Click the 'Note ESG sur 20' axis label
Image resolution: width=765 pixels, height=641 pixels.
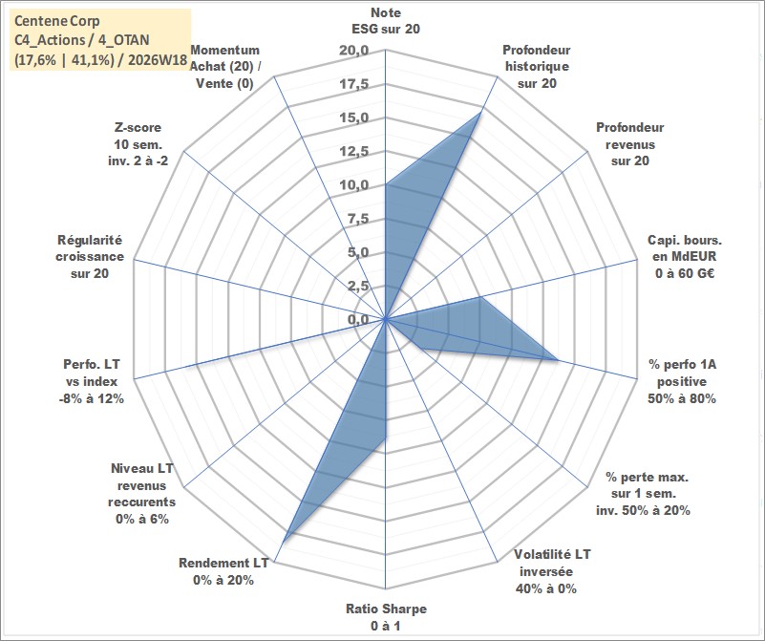pyautogui.click(x=386, y=20)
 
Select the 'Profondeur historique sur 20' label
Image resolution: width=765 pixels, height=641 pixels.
pyautogui.click(x=537, y=66)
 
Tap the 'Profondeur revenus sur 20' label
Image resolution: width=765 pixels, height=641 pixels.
pyautogui.click(x=629, y=144)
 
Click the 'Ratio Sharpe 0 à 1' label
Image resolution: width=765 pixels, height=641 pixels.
pyautogui.click(x=386, y=616)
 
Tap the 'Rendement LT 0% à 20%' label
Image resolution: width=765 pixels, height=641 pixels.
pyautogui.click(x=223, y=571)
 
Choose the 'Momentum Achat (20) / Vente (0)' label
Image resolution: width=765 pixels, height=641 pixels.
pyautogui.click(x=224, y=66)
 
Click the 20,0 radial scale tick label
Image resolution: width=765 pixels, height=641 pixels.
pyautogui.click(x=354, y=51)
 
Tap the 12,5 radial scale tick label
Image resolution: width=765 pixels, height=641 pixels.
pyautogui.click(x=354, y=152)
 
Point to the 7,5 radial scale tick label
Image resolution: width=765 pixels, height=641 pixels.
pyautogui.click(x=358, y=219)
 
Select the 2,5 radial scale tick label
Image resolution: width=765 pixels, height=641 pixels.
pyautogui.click(x=358, y=287)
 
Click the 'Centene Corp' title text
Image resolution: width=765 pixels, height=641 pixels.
pyautogui.click(x=56, y=21)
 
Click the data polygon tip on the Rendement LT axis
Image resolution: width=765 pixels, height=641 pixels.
pyautogui.click(x=284, y=540)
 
